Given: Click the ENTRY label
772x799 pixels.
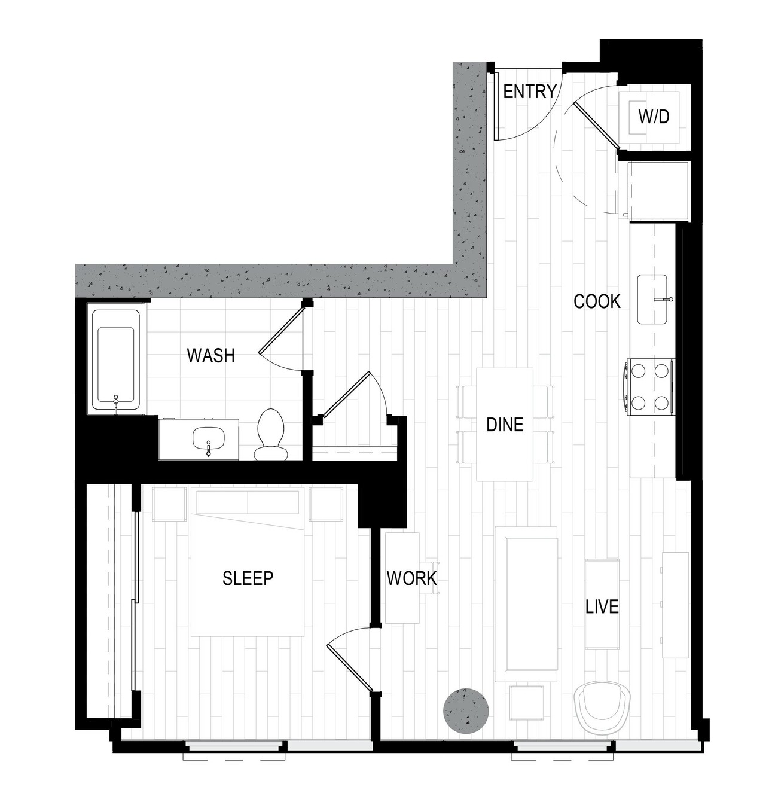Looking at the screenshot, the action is coord(529,92).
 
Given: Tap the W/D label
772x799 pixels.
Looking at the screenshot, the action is coord(654,117).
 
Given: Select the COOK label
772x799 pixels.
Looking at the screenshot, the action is coord(597,302).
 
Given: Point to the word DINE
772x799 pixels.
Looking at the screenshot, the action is coord(505,425).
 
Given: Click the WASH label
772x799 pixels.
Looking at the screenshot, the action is coord(210,356).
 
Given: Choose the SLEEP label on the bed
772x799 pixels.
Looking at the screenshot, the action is coord(248,578).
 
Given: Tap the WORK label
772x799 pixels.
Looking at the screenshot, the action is coord(411,578).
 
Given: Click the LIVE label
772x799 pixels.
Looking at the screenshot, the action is coord(602,606).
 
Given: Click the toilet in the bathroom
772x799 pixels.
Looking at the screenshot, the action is coord(270,434).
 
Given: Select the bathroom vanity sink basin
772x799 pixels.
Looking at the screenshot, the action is coord(209,438).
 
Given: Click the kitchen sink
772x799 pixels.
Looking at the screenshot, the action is coord(652,299).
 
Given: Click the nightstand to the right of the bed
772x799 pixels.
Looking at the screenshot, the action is coord(326,504).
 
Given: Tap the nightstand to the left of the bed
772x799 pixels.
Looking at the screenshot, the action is coord(169,504).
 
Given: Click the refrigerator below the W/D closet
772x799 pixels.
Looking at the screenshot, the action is coord(658,191).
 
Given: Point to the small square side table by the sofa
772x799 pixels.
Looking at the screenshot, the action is coord(527,702).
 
